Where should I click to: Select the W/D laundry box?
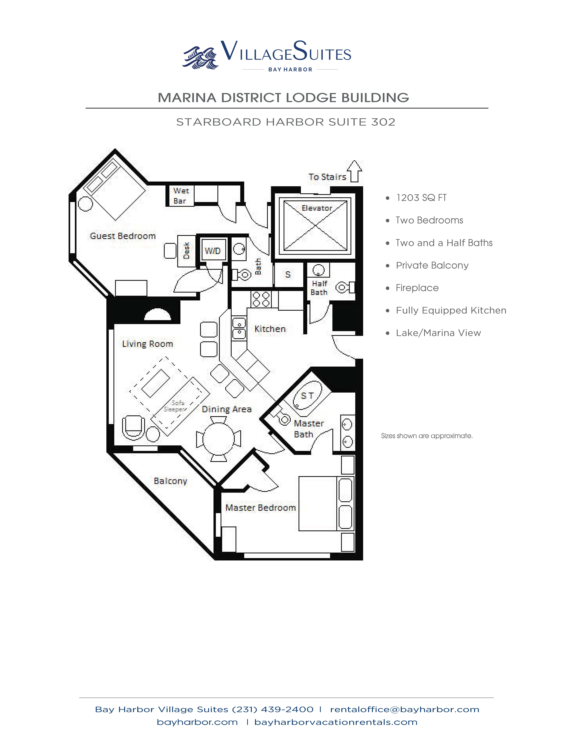(x=213, y=251)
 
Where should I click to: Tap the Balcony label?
(x=170, y=481)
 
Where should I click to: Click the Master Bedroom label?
(x=261, y=508)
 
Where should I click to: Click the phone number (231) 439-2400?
(x=272, y=710)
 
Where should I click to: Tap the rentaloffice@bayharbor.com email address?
(x=405, y=710)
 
